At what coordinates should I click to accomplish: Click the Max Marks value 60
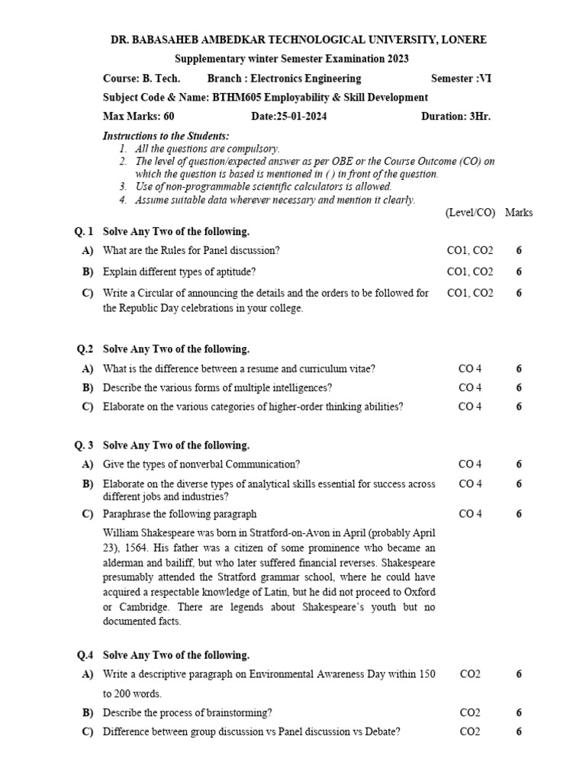169,117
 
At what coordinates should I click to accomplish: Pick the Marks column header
519,213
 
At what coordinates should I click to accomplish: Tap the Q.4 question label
84,655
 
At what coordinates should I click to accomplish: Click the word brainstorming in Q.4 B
233,713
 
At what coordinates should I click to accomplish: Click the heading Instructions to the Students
155,136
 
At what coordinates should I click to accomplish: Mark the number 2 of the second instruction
123,162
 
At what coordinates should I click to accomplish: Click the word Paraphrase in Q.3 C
128,514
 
